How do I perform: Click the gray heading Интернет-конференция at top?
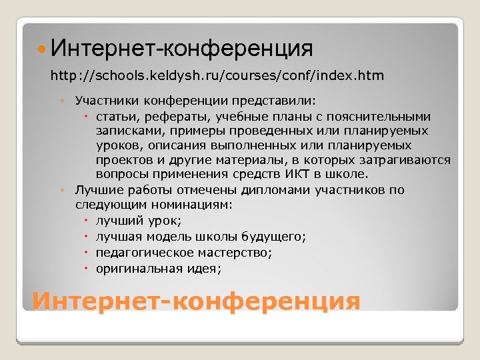[181, 48]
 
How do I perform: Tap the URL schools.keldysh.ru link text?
[217, 75]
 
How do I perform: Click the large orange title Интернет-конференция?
[196, 301]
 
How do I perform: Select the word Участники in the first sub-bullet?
[103, 101]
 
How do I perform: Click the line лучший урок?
[139, 221]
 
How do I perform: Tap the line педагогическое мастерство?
[183, 253]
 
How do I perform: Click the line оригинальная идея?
[158, 269]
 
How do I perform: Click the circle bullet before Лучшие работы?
[61, 191]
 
